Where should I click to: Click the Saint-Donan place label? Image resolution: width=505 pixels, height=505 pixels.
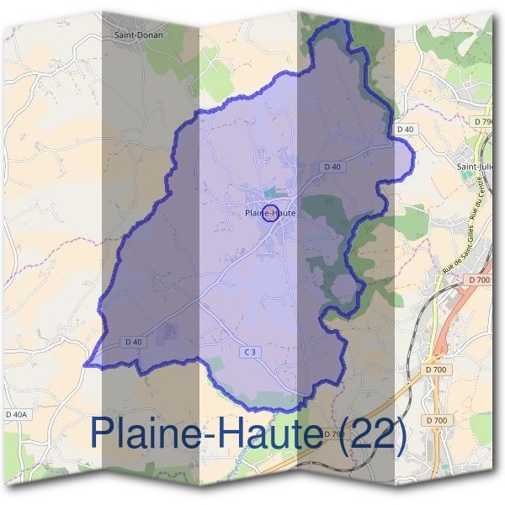click(138, 35)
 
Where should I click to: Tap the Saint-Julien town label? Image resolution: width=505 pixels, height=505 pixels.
click(476, 167)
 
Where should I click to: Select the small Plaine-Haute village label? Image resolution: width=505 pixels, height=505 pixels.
click(269, 214)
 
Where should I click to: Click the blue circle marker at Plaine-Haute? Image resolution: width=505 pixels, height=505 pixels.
click(270, 213)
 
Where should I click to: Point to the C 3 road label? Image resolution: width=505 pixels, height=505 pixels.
click(248, 350)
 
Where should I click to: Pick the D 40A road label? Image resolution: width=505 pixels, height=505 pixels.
click(16, 414)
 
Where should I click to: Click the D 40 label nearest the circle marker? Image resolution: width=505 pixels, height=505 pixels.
click(332, 167)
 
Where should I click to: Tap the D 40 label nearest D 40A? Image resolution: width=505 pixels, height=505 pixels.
click(133, 341)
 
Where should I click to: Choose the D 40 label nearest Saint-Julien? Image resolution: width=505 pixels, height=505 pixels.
click(404, 129)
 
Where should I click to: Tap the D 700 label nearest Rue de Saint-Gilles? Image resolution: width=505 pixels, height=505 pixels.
click(478, 279)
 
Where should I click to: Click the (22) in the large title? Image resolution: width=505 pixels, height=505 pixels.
click(375, 433)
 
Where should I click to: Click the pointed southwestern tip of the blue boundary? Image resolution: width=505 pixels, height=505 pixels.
click(85, 364)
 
